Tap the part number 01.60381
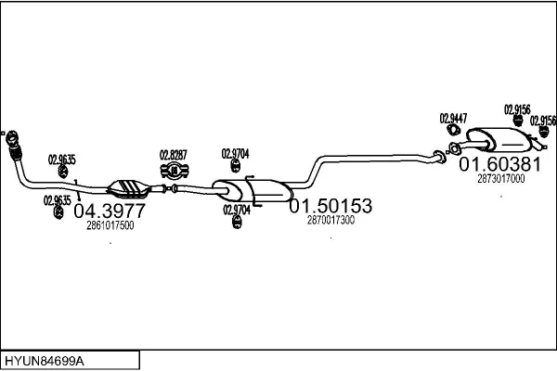tap(499, 164)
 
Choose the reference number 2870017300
tap(330, 220)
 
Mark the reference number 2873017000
tap(500, 179)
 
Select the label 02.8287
tap(174, 155)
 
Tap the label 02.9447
tap(453, 118)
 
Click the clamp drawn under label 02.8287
tap(175, 170)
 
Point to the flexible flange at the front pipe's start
tap(13, 146)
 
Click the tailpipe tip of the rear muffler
tap(538, 146)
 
